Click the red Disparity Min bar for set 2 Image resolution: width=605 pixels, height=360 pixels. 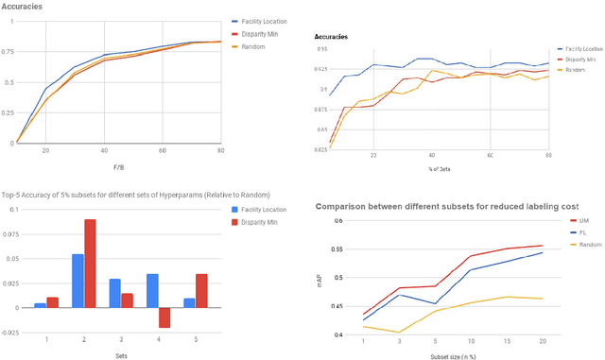[90, 264]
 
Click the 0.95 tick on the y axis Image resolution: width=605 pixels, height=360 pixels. [321, 49]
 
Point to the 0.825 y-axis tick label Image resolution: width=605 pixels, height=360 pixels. [320, 150]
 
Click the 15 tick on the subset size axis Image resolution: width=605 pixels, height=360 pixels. [508, 341]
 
